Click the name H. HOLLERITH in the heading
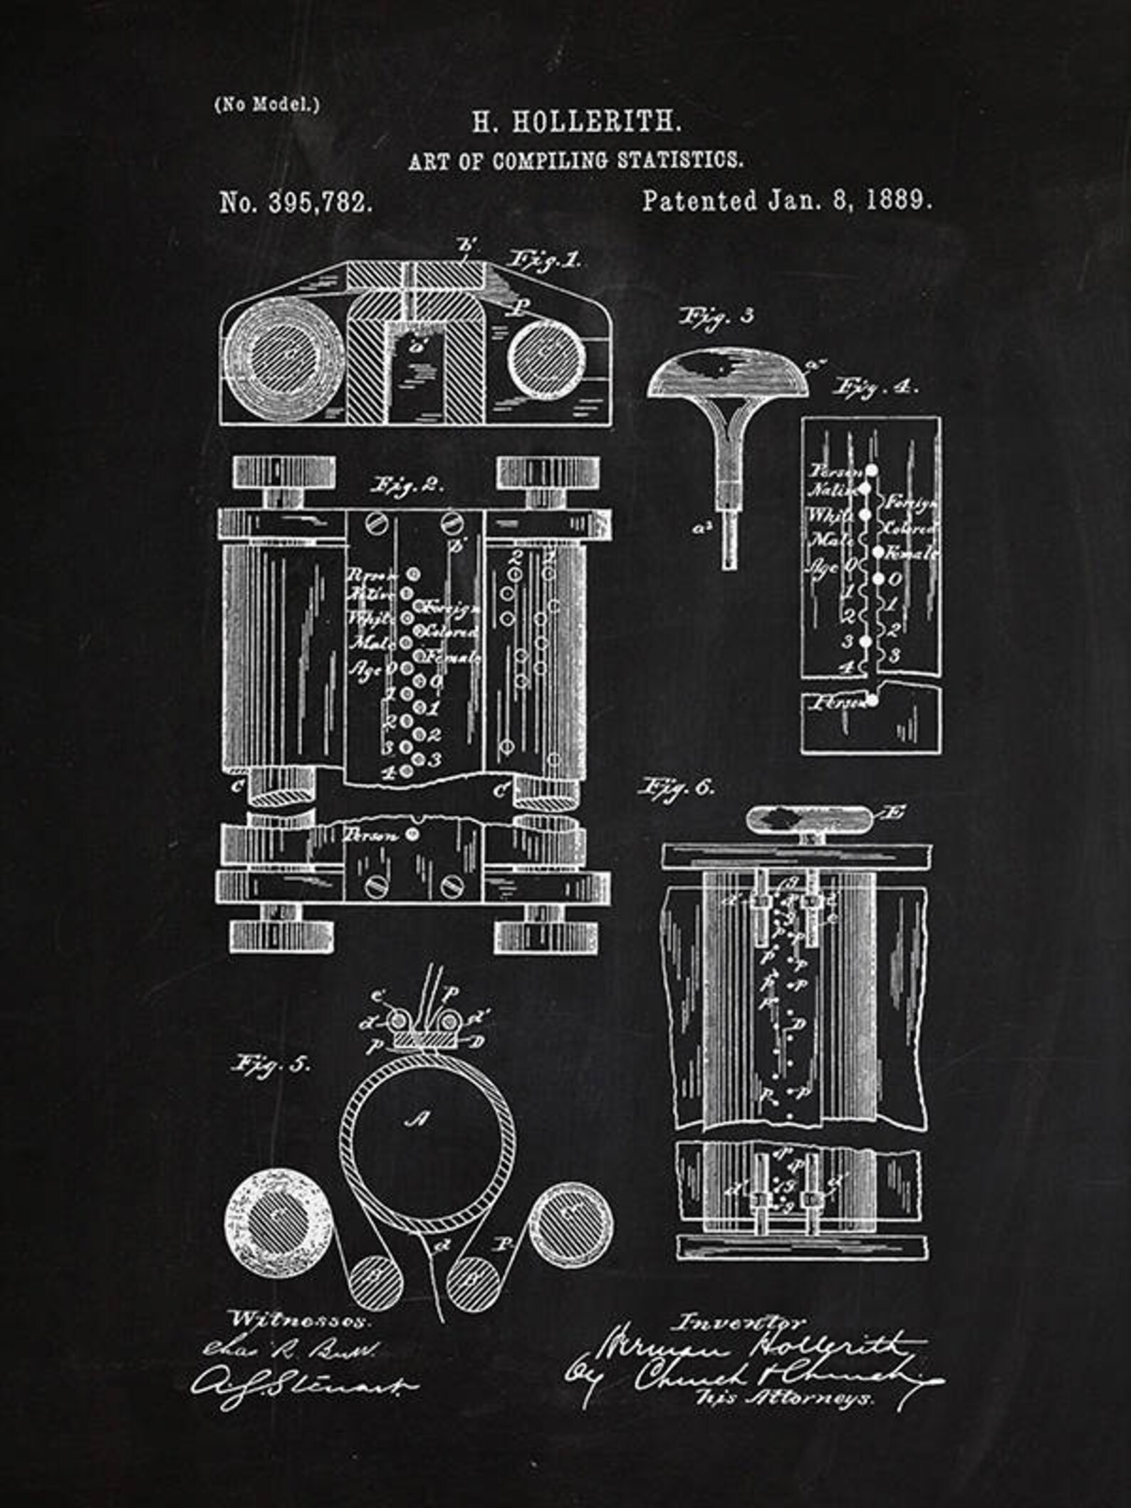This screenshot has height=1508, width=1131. (x=576, y=123)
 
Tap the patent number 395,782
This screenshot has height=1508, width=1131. (x=320, y=203)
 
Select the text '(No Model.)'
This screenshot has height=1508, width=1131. (x=266, y=105)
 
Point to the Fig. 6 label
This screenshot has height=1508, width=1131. (x=676, y=787)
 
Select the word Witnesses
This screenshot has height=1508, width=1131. (x=300, y=1319)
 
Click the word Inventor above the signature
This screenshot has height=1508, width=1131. (x=740, y=1322)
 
